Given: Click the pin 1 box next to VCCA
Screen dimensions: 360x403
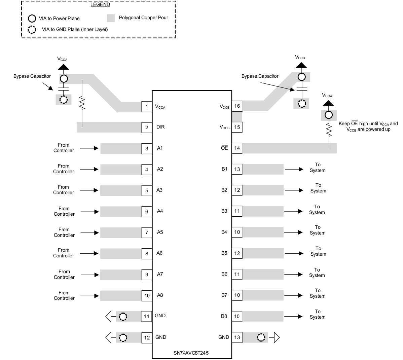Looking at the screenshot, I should tap(147, 107).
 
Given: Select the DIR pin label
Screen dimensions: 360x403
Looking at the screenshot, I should tap(160, 127).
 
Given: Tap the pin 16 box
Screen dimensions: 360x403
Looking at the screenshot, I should tap(237, 106).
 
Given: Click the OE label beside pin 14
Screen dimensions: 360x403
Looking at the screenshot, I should tap(224, 148).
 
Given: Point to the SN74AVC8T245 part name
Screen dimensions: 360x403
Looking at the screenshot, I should tap(192, 353).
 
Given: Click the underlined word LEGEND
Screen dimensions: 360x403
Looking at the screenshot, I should tap(100, 4).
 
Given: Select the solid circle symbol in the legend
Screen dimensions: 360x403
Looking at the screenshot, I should tap(32, 18).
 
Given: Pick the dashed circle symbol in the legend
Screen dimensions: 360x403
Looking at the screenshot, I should tap(32, 30).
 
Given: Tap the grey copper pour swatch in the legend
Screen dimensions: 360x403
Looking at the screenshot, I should tap(111, 18).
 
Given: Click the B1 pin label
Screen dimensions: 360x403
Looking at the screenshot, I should tap(224, 169).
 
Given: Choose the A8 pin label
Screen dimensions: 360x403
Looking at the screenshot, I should tap(160, 295).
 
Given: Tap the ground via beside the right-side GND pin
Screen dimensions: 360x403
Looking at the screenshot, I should tap(261, 337).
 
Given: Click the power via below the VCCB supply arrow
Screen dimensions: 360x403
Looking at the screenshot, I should tap(301, 77).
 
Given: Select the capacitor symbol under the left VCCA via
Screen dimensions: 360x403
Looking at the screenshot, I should tap(63, 89).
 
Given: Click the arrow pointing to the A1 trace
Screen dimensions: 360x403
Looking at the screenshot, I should tap(90, 148).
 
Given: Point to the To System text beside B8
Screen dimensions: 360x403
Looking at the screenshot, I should tap(318, 314).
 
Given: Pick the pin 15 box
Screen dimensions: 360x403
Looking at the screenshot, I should tap(237, 127).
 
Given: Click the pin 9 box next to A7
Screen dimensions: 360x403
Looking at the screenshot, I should tap(147, 275).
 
